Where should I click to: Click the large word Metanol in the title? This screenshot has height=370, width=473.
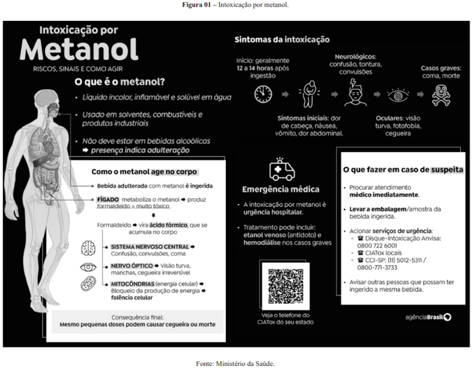pyautogui.click(x=79, y=50)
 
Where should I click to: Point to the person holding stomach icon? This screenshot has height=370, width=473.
pyautogui.click(x=309, y=92)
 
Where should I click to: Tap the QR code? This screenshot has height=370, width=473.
pyautogui.click(x=285, y=286)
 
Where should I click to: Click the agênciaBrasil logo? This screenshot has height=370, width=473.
pyautogui.click(x=428, y=317)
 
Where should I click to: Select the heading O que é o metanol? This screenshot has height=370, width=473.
pyautogui.click(x=120, y=83)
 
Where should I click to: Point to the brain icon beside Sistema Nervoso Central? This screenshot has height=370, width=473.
pyautogui.click(x=88, y=248)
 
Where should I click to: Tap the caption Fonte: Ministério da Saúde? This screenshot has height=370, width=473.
pyautogui.click(x=236, y=363)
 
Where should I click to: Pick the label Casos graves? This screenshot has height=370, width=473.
pyautogui.click(x=439, y=68)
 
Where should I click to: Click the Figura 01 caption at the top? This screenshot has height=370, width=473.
pyautogui.click(x=236, y=5)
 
